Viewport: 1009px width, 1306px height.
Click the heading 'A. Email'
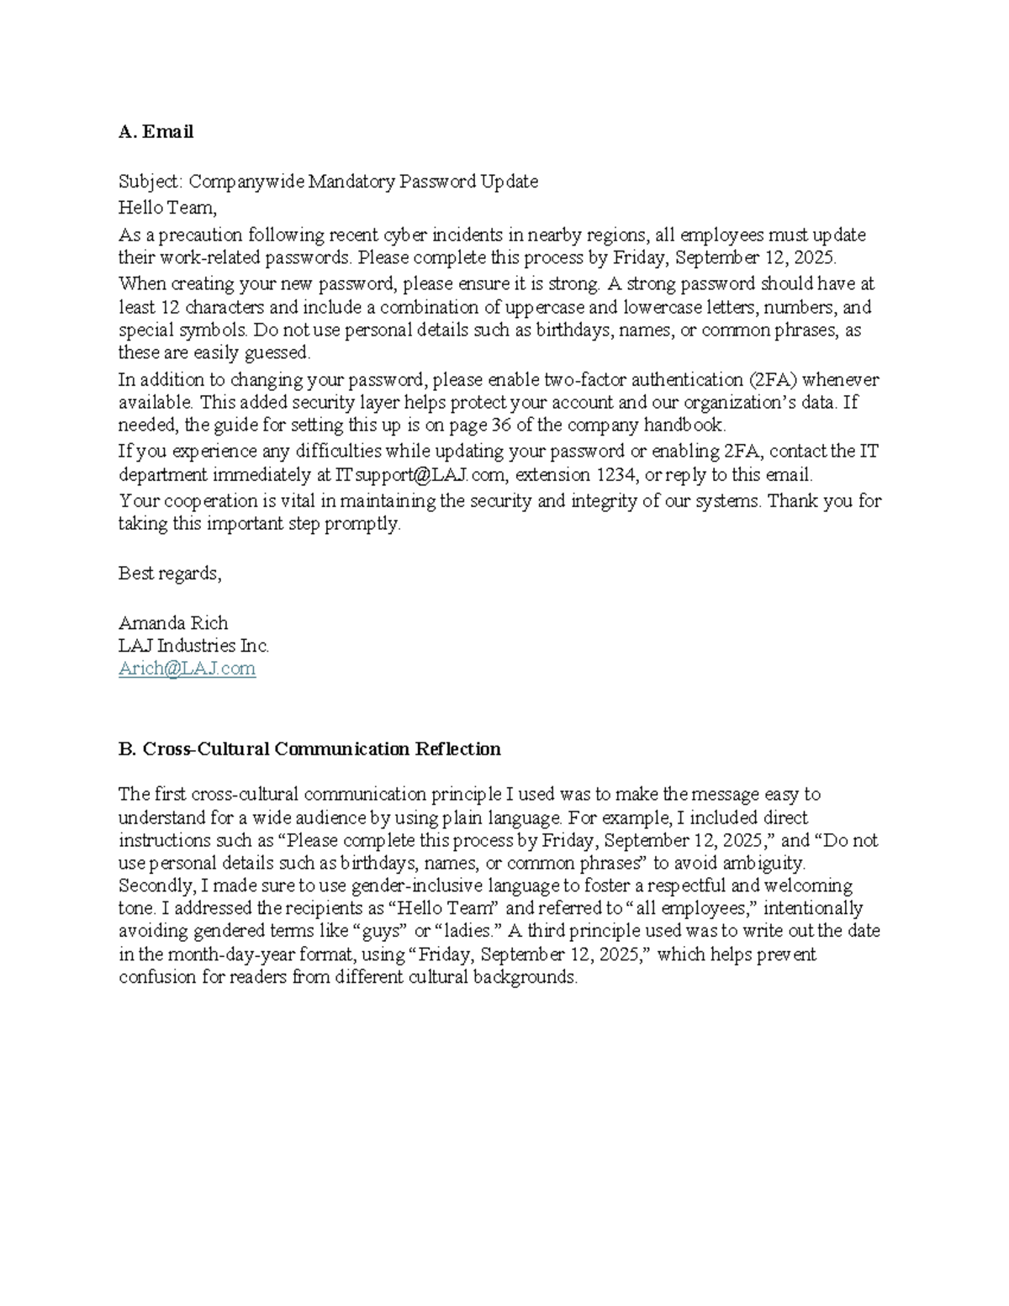click(x=156, y=132)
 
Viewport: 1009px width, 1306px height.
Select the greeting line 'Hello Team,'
click(x=167, y=207)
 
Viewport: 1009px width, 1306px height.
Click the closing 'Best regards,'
click(x=170, y=574)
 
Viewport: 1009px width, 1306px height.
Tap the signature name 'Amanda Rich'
click(x=172, y=623)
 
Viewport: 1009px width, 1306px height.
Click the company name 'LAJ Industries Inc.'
click(x=193, y=646)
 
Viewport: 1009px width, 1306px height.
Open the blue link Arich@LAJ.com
click(x=187, y=669)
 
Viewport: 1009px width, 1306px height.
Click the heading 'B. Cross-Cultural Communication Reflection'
click(x=309, y=749)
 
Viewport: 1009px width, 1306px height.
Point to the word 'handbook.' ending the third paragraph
click(x=684, y=425)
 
